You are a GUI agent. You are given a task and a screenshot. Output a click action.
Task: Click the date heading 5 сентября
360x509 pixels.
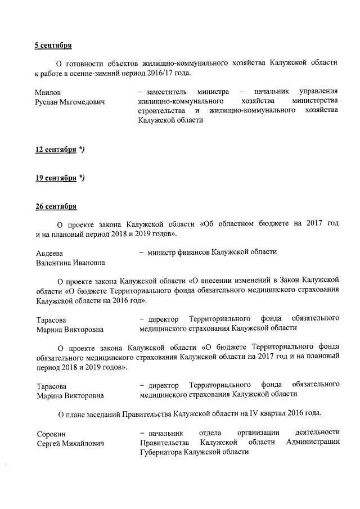pos(53,44)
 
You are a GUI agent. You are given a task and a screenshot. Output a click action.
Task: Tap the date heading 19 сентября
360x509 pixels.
pos(56,178)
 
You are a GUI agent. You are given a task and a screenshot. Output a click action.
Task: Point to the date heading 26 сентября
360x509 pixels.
pos(56,207)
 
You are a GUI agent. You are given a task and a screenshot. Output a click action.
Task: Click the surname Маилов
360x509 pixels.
pos(48,92)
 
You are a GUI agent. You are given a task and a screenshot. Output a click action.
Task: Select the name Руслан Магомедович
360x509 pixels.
pos(70,102)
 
